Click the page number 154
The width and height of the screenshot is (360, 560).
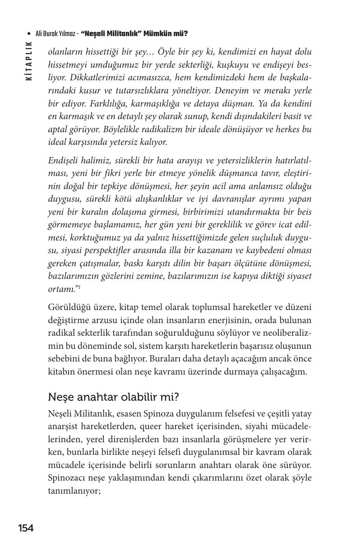point(26,528)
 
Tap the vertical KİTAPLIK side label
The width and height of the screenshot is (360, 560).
point(29,61)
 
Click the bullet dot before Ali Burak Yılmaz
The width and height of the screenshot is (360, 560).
point(29,34)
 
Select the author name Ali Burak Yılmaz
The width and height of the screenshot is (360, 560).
point(55,34)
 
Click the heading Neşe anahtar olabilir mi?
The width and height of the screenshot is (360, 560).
point(114,397)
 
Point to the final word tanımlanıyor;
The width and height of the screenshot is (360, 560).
point(74,491)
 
